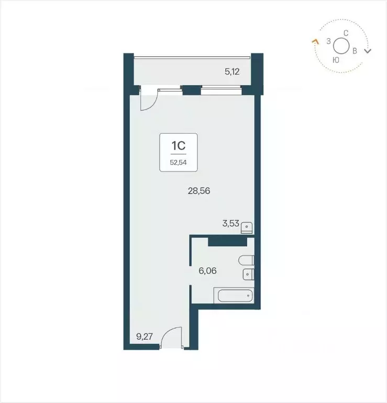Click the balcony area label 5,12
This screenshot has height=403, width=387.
coord(232,72)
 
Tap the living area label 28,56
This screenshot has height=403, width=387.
coord(199,191)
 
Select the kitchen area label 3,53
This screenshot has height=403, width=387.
coord(230,224)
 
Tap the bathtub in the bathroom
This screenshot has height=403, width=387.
coord(234,295)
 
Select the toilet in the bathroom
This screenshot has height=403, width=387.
coord(246,260)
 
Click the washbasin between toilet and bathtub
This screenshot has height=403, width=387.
coord(248,274)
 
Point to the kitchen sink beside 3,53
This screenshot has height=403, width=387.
coord(249,227)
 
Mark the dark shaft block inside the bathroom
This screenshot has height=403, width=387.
coord(227,241)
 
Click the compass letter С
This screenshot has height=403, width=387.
coord(346,33)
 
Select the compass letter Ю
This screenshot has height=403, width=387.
coord(336,60)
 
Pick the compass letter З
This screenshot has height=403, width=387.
coord(328,41)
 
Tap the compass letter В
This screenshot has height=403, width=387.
coord(355,51)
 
